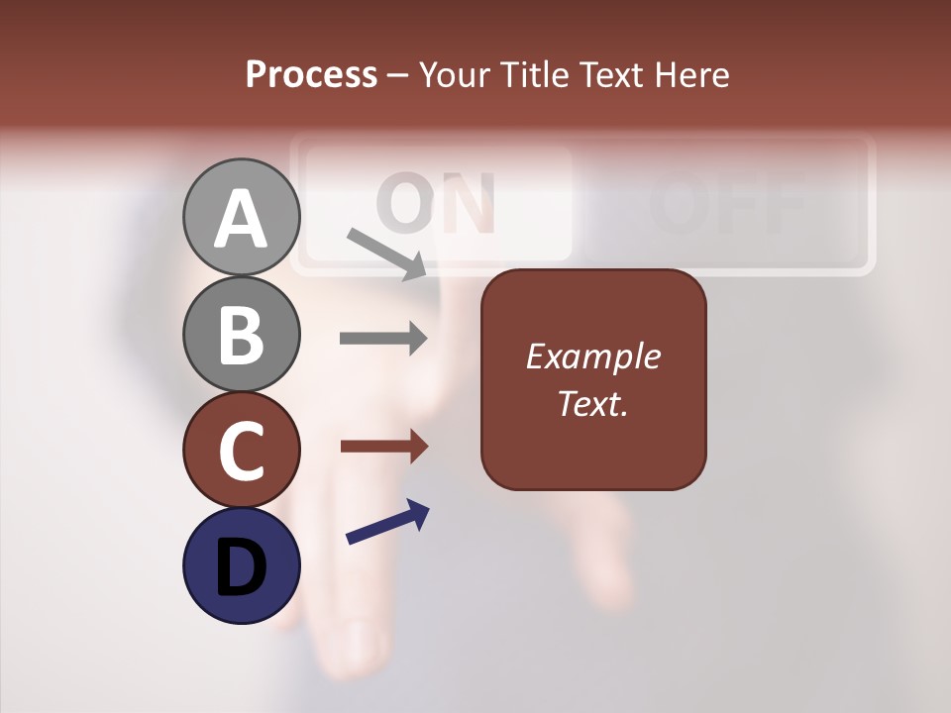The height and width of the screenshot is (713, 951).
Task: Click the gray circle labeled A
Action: [x=242, y=217]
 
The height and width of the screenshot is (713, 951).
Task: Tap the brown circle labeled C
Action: [x=242, y=450]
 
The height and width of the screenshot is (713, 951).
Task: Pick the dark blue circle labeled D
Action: [x=242, y=565]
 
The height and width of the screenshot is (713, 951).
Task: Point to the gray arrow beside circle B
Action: [x=383, y=339]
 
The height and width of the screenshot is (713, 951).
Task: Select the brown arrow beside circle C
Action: [x=383, y=446]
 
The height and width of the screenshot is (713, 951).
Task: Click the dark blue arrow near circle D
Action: [x=387, y=522]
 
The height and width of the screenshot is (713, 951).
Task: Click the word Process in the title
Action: [x=311, y=74]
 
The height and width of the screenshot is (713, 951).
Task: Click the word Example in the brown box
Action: [x=592, y=356]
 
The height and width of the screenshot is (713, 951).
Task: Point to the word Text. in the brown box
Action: [x=592, y=403]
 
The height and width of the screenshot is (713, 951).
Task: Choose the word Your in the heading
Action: [x=454, y=74]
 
